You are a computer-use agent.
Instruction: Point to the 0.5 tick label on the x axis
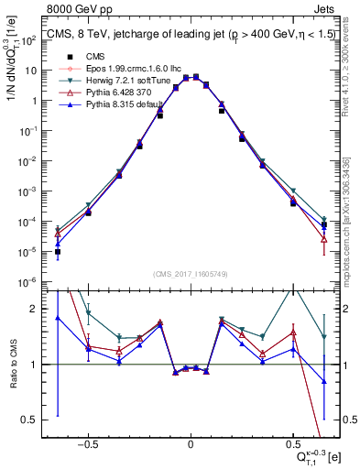point(293,441)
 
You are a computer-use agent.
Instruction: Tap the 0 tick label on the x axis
point(191,441)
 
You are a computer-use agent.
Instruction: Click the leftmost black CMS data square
point(58,251)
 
